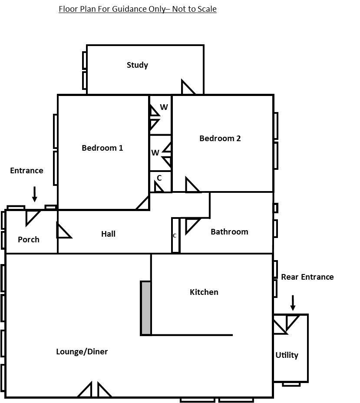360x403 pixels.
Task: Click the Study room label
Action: click(137, 65)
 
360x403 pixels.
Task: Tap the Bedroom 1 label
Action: click(102, 148)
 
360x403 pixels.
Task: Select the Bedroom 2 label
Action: click(220, 138)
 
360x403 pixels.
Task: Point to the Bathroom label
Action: click(229, 231)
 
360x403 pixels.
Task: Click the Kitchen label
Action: click(204, 292)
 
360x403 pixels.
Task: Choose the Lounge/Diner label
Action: click(82, 351)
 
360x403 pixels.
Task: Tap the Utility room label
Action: click(287, 355)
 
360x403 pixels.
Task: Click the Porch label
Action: click(29, 240)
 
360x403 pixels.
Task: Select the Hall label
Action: click(108, 234)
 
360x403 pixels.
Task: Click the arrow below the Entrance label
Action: click(35, 194)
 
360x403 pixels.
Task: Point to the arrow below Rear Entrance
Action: click(293, 303)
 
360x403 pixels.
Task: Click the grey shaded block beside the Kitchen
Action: click(146, 308)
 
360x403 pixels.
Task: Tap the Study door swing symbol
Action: click(188, 87)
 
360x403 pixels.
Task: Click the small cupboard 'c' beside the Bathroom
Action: click(175, 235)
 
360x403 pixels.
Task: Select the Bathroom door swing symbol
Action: click(192, 226)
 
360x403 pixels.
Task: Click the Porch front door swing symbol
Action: click(33, 218)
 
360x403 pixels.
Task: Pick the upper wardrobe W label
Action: click(164, 107)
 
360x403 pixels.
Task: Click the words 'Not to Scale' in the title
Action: click(194, 9)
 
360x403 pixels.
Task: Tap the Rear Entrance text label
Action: click(307, 277)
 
